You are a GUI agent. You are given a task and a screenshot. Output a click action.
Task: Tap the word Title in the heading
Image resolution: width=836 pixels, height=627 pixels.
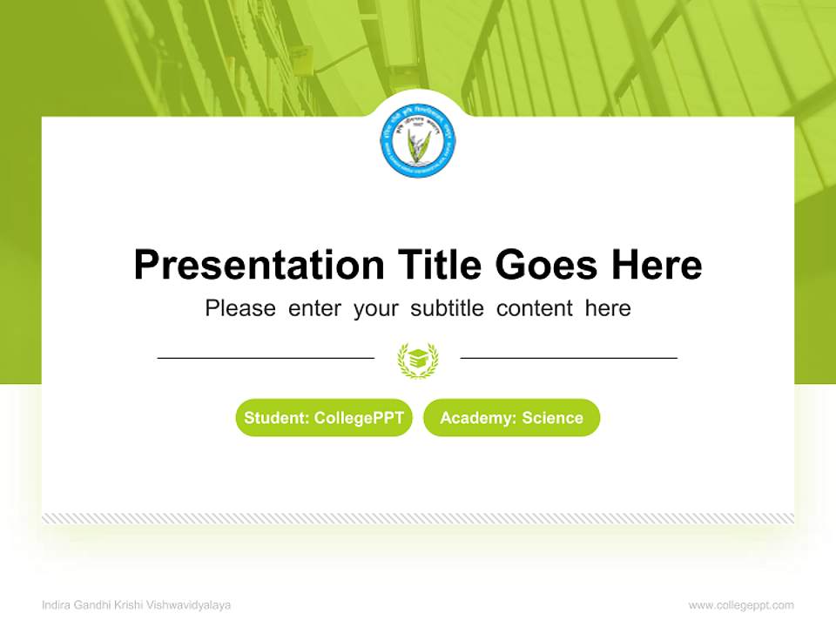441,265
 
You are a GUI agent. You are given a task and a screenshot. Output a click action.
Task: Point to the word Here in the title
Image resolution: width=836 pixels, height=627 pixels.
656,265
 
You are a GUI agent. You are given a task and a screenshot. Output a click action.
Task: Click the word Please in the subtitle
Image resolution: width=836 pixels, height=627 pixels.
240,308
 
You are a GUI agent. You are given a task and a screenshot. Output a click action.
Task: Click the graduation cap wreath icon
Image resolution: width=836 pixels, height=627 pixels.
418,359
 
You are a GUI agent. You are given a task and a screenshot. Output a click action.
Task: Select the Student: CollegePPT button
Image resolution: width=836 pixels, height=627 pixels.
324,418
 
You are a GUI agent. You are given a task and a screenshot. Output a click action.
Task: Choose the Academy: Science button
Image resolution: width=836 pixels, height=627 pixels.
511,418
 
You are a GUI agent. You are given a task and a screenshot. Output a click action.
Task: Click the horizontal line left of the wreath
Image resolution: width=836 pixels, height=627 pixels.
266,358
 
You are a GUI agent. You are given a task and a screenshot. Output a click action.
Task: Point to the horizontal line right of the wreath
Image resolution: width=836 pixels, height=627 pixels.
569,358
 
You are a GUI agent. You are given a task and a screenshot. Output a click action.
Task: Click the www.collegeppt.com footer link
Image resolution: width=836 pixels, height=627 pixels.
741,605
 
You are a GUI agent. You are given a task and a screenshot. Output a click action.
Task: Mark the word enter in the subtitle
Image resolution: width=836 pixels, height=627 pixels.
314,308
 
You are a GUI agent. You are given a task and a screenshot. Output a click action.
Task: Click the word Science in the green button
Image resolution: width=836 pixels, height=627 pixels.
552,418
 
